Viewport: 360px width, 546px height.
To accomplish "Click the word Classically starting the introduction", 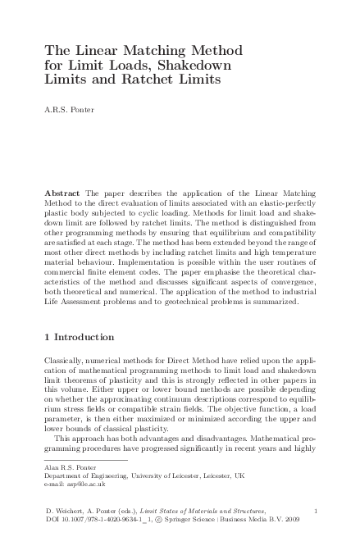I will click(x=66, y=362).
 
